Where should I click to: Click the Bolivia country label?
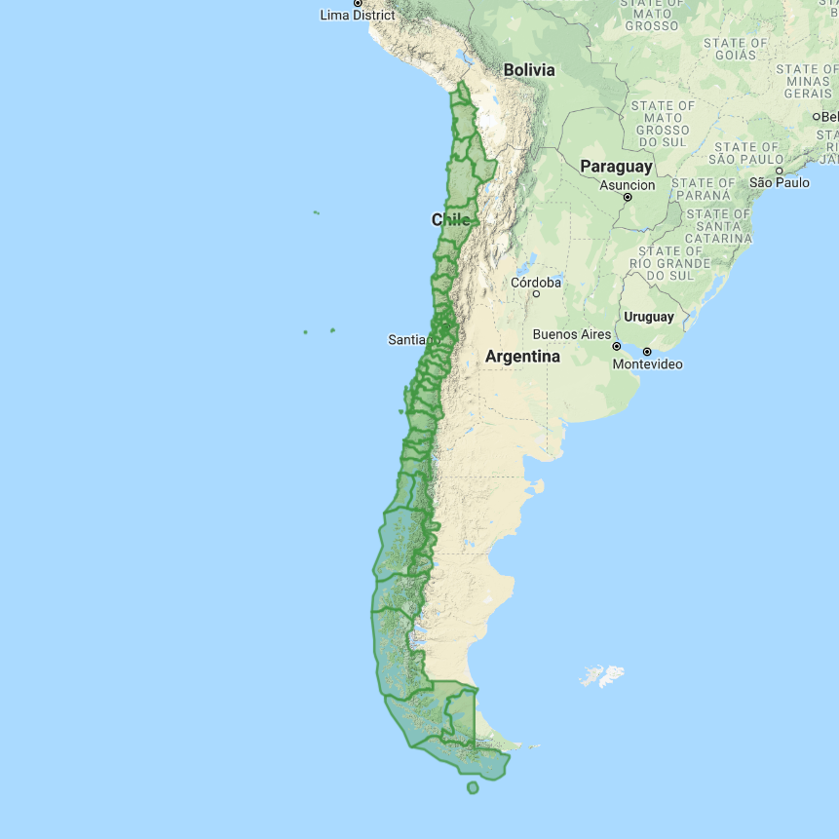pyautogui.click(x=529, y=70)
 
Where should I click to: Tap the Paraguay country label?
pyautogui.click(x=616, y=167)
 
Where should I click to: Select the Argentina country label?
pyautogui.click(x=522, y=358)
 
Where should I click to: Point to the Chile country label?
pyautogui.click(x=450, y=220)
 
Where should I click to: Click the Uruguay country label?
pyautogui.click(x=649, y=317)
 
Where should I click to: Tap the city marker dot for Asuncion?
pyautogui.click(x=628, y=197)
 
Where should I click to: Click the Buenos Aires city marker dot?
pyautogui.click(x=616, y=346)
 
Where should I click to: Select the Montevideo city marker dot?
pyautogui.click(x=646, y=351)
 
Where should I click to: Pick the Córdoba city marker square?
pyautogui.click(x=536, y=293)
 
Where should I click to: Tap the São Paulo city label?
pyautogui.click(x=779, y=182)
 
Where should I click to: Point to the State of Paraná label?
pyautogui.click(x=704, y=189)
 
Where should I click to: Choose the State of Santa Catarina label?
pyautogui.click(x=719, y=226)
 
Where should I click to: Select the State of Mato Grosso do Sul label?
pyautogui.click(x=663, y=123)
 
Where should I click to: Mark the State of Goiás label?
pyautogui.click(x=738, y=49)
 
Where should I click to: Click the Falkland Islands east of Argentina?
pyautogui.click(x=601, y=675)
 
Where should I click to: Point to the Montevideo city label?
pyautogui.click(x=648, y=364)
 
